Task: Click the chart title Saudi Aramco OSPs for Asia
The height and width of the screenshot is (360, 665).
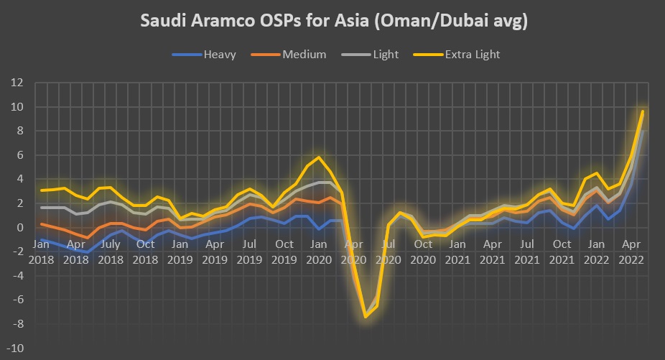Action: point(333,22)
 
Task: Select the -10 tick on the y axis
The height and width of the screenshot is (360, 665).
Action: point(17,349)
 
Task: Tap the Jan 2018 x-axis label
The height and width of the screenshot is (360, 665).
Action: point(41,250)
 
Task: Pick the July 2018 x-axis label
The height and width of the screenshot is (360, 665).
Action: point(111,250)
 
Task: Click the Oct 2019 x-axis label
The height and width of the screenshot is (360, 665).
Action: point(284,250)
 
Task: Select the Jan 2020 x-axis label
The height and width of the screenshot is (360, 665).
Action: point(319,250)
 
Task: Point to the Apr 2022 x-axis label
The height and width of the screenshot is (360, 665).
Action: point(631,250)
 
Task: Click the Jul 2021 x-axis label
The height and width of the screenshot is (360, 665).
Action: point(528,250)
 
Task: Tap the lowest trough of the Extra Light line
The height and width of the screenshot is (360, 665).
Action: point(366,317)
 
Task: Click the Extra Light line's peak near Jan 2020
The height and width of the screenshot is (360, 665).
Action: point(319,157)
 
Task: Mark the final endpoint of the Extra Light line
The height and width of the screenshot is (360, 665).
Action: point(642,111)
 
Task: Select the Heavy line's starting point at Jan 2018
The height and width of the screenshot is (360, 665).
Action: point(41,239)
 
